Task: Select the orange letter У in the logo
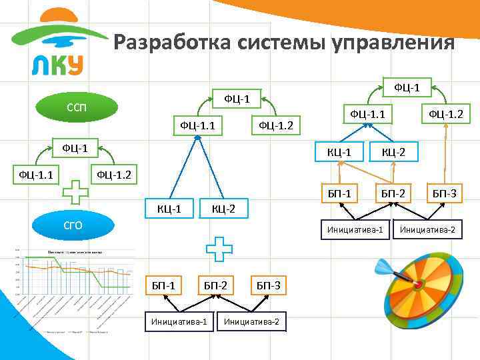click(x=75, y=63)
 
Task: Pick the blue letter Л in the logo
click(x=39, y=64)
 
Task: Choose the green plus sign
click(x=75, y=194)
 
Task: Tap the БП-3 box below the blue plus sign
click(x=268, y=285)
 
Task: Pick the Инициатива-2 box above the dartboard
click(x=427, y=230)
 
